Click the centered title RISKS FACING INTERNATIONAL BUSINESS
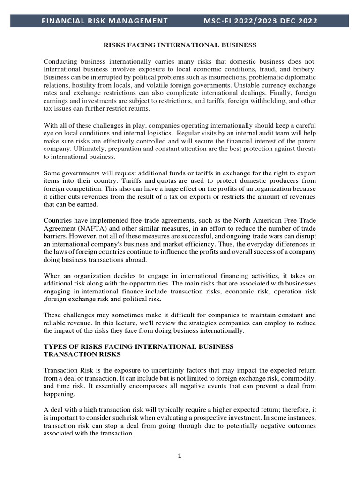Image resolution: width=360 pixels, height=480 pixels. pyautogui.click(x=180, y=45)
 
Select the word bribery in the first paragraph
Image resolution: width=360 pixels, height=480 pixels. pyautogui.click(x=303, y=69)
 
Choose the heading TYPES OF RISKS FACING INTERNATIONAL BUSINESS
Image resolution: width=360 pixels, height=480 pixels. pyautogui.click(x=138, y=346)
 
